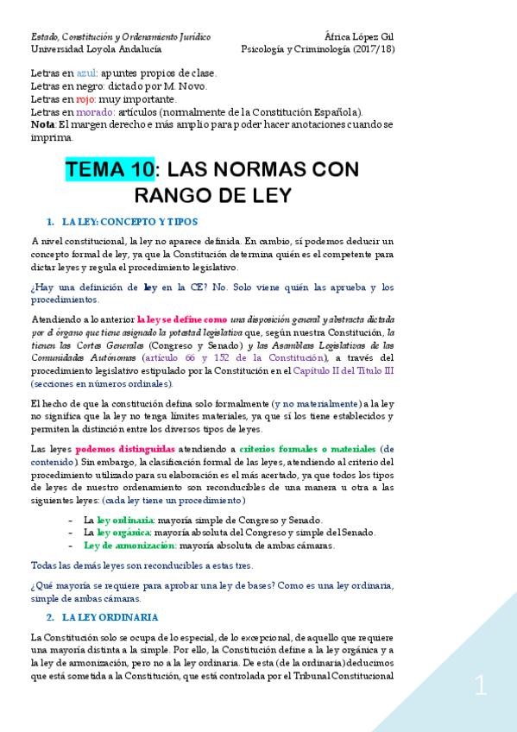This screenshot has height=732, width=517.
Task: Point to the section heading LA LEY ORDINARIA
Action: [110, 617]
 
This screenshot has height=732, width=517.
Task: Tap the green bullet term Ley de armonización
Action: [118, 546]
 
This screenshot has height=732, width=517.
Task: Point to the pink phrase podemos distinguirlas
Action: [125, 449]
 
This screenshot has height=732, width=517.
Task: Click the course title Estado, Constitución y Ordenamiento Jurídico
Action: [120, 37]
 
